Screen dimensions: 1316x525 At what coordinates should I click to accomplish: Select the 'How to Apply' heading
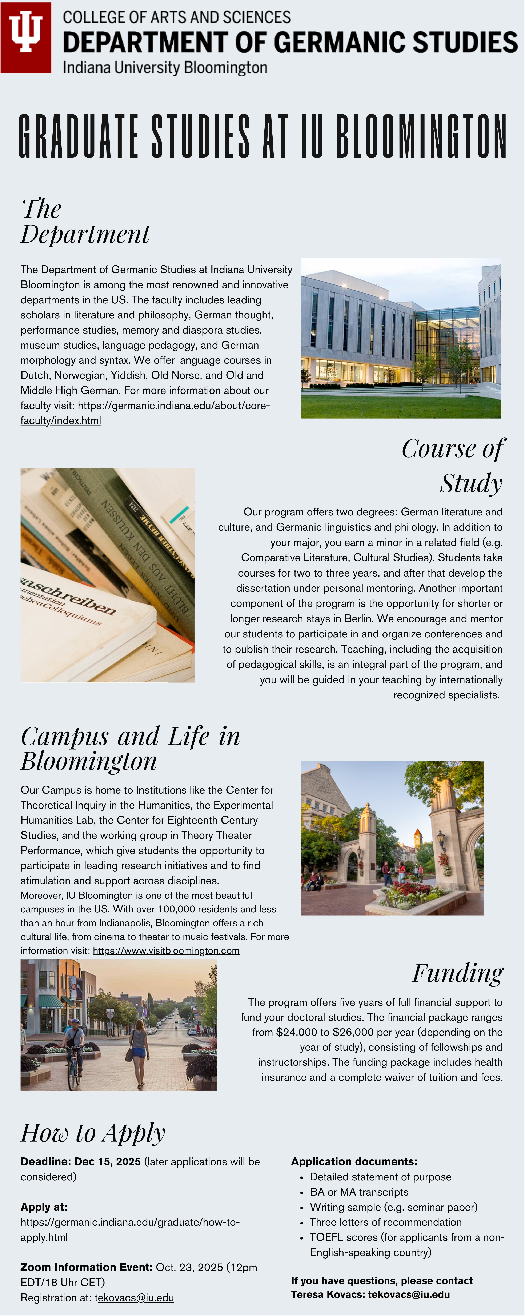(x=93, y=1133)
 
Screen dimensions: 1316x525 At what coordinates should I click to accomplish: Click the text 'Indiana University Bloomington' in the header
(x=165, y=67)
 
